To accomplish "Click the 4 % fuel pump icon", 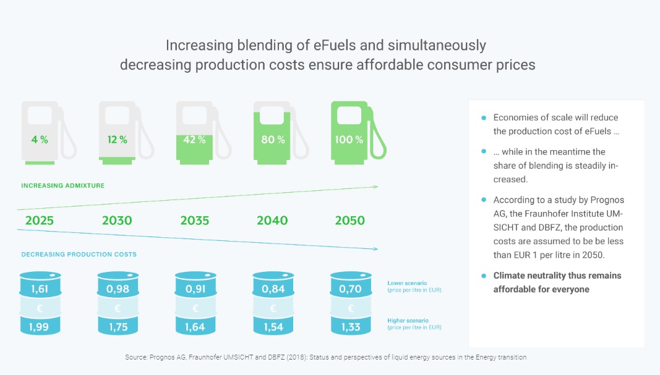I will click(45, 132).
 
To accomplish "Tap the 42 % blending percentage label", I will click(194, 140).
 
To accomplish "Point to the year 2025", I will click(40, 221).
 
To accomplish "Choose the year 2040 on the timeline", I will click(273, 221).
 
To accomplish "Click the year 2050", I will click(349, 221).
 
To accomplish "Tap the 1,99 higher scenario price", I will click(39, 327).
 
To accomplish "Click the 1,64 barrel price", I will click(195, 327).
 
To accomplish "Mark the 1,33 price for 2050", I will click(351, 327).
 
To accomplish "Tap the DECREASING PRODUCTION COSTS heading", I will click(79, 254).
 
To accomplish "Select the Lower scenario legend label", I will click(408, 282).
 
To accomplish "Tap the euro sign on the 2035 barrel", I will click(195, 308).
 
